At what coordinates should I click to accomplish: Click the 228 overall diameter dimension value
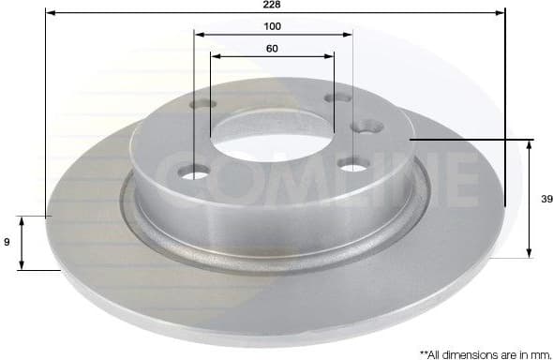pos(272,5)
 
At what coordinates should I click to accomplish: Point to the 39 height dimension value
pos(543,199)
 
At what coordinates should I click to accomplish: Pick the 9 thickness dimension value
pos(7,243)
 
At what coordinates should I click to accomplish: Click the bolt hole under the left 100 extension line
pos(195,172)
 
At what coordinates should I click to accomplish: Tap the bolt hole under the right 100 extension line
pos(352,166)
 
